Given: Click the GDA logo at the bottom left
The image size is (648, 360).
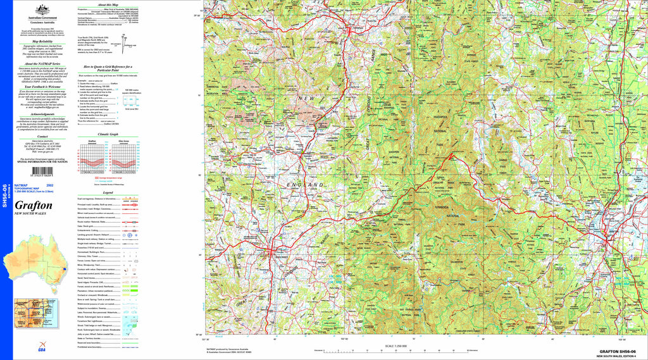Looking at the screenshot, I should click(42, 350).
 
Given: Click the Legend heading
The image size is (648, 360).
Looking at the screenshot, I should click(108, 192).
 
